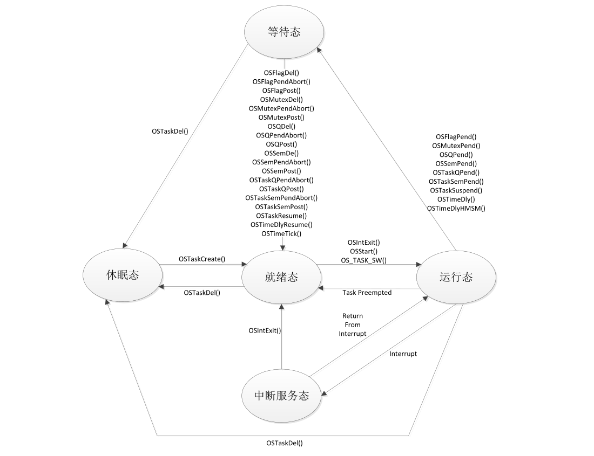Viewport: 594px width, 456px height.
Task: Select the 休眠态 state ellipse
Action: [122, 275]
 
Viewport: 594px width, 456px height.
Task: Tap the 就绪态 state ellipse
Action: [281, 278]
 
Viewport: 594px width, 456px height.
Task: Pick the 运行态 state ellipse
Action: [456, 278]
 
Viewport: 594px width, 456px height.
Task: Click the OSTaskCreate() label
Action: [202, 259]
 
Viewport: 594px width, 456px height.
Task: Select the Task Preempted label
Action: [367, 292]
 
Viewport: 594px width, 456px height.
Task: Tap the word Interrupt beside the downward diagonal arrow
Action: [403, 354]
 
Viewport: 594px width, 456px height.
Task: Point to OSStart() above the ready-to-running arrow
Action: [363, 251]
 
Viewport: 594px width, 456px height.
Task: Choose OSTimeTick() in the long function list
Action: [281, 233]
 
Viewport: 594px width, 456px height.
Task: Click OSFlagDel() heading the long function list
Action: [281, 73]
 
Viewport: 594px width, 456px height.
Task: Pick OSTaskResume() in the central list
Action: [281, 216]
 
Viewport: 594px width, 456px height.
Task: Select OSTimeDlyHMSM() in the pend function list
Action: [456, 208]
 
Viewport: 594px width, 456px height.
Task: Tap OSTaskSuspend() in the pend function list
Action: [456, 190]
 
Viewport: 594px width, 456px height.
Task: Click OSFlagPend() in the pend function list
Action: [456, 137]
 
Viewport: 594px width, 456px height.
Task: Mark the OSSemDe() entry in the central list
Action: [281, 153]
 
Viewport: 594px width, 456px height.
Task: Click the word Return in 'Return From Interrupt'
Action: [353, 316]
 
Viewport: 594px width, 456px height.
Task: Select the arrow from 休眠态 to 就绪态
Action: [202, 265]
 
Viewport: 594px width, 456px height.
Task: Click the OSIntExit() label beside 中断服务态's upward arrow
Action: [265, 330]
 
